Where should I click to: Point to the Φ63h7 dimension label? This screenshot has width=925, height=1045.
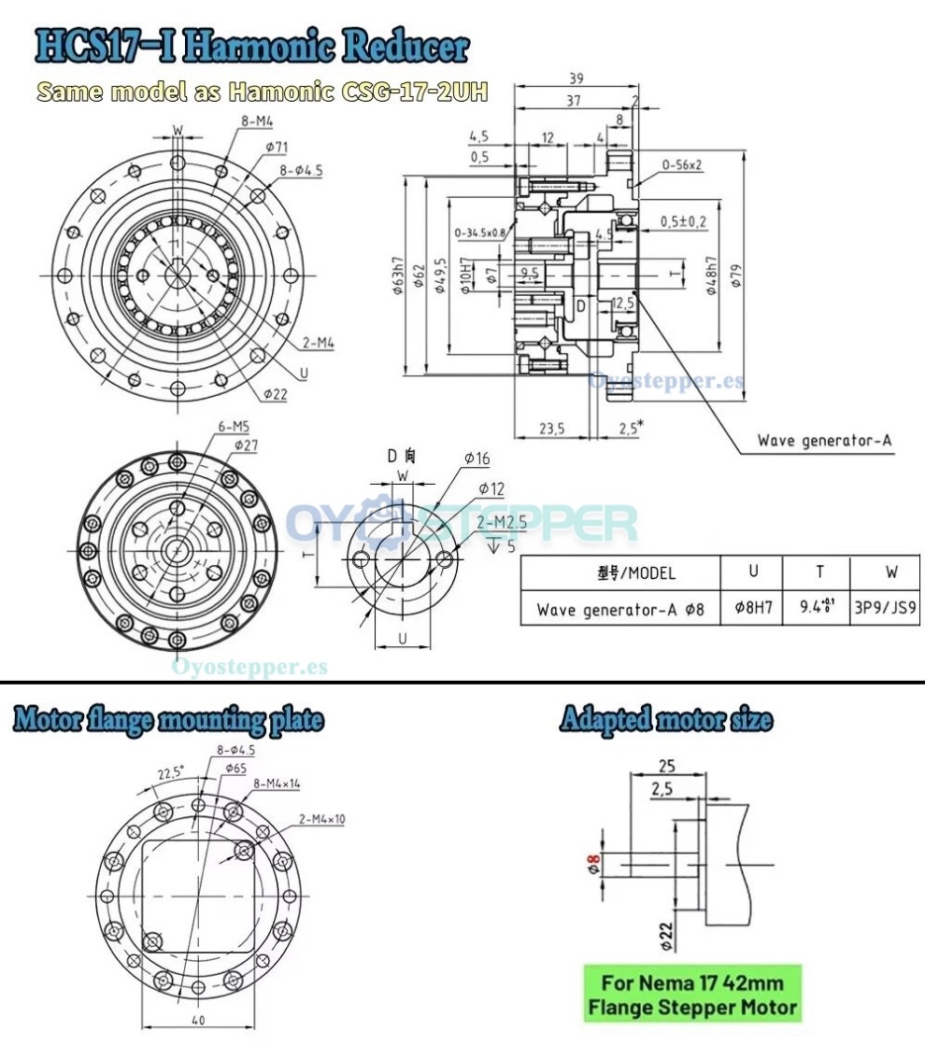[x=399, y=275]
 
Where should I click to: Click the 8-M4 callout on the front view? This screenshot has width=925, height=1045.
[x=257, y=120]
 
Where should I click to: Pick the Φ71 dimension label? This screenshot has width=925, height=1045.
[x=277, y=147]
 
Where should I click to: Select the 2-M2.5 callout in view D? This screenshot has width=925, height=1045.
[x=502, y=524]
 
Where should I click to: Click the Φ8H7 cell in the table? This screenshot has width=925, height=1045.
[x=753, y=610]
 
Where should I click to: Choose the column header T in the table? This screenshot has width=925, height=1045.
[x=818, y=572]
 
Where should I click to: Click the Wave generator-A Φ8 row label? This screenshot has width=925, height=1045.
[x=620, y=611]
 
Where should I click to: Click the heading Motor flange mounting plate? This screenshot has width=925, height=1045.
[x=169, y=720]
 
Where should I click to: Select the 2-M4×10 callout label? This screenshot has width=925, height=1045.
[x=322, y=818]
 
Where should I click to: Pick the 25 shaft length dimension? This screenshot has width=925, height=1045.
[x=667, y=766]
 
